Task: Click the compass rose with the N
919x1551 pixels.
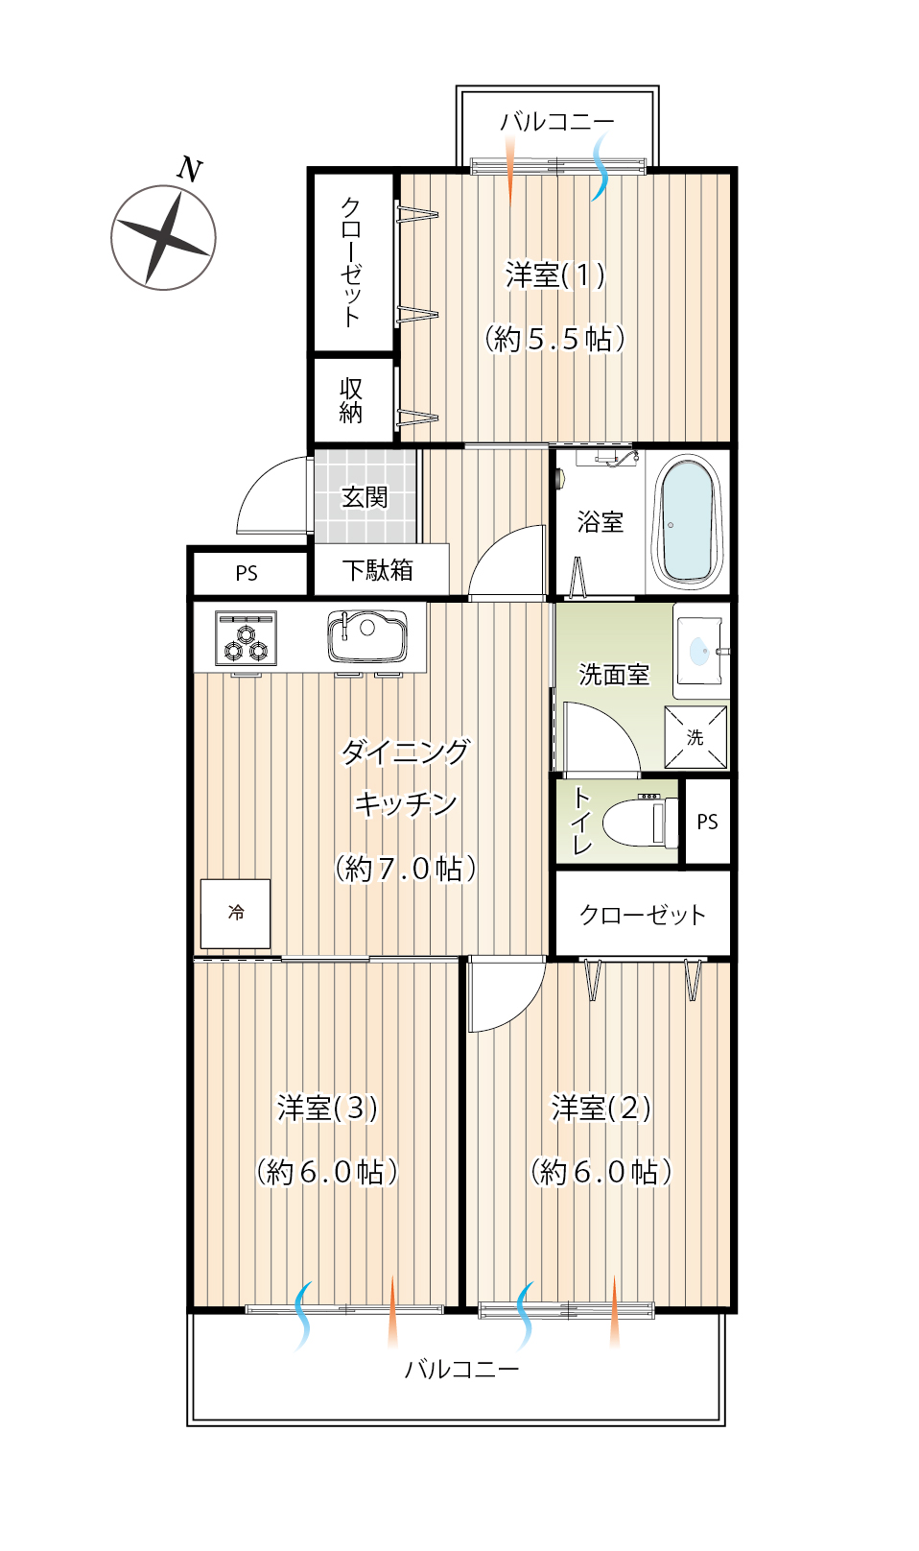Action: (x=163, y=237)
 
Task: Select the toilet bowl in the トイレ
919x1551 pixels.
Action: (x=640, y=822)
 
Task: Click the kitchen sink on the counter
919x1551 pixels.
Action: (x=366, y=635)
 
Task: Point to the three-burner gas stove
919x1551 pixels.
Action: (x=246, y=637)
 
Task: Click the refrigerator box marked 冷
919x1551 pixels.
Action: (x=235, y=914)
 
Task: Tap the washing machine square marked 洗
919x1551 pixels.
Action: (x=695, y=737)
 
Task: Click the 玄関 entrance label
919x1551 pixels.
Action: (x=365, y=496)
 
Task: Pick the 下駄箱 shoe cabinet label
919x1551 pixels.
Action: (x=378, y=570)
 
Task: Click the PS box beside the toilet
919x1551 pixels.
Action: (x=707, y=822)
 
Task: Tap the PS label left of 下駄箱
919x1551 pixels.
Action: (x=247, y=573)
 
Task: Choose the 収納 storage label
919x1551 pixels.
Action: (x=351, y=400)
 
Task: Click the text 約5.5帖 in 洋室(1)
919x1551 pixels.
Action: (x=555, y=340)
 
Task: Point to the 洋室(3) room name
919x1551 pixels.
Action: (x=327, y=1108)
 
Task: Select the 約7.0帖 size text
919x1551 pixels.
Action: (x=406, y=869)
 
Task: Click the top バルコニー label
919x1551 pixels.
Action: (x=557, y=122)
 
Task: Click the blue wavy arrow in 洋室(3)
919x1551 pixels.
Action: (x=302, y=1316)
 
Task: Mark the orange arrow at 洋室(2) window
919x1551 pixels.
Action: (x=614, y=1311)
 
